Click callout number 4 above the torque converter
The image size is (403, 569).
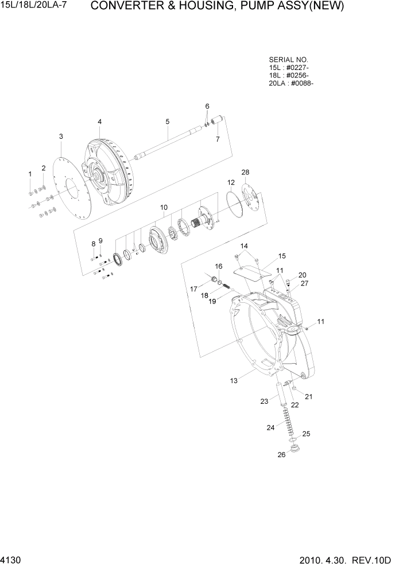pyautogui.click(x=99, y=122)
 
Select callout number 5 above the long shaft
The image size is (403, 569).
pyautogui.click(x=167, y=122)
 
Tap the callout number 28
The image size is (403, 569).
pyautogui.click(x=245, y=172)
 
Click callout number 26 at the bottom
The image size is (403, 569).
pyautogui.click(x=281, y=455)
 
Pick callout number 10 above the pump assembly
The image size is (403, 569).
pyautogui.click(x=164, y=206)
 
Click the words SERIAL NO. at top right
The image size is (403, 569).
pyautogui.click(x=288, y=60)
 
